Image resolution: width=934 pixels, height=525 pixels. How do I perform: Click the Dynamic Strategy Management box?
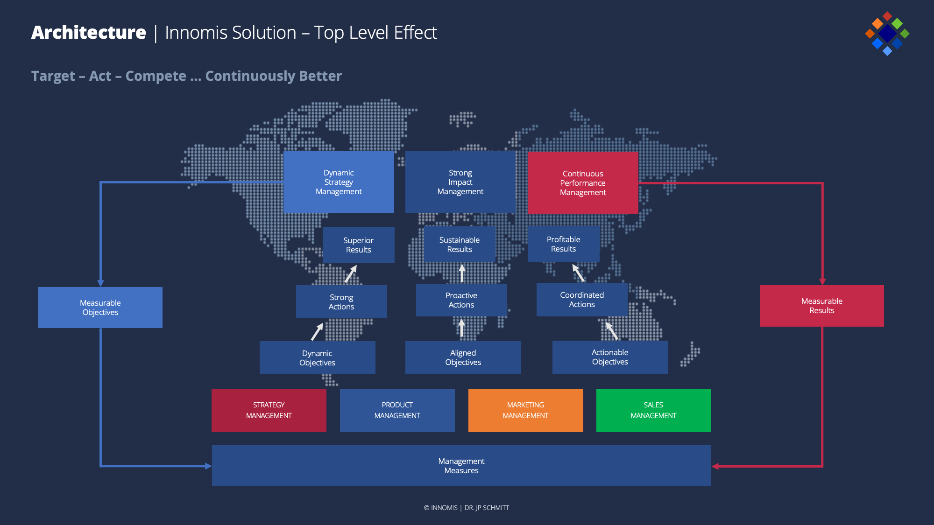pos(339,182)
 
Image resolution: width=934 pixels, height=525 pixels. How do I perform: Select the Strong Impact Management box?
pos(460,182)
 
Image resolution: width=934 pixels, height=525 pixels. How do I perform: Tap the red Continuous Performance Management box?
pos(583,183)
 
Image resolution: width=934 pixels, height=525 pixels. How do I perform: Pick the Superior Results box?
pos(359,245)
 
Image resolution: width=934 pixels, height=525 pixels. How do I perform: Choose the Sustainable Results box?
pos(460,245)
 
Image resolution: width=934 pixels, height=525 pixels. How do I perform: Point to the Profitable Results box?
pos(564,244)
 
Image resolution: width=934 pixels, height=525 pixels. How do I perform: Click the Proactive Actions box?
pos(461,300)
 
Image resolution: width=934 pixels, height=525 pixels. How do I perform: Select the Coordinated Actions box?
pos(582,300)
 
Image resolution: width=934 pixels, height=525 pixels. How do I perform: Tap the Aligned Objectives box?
pos(463,357)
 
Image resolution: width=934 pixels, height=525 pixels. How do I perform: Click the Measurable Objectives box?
pos(100,308)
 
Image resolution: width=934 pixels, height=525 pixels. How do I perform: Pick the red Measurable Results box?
pos(822,306)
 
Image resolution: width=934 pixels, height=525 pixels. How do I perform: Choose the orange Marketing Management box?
pos(526,410)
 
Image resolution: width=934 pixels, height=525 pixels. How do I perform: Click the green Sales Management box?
pos(654,410)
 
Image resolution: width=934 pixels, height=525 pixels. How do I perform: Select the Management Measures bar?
pos(461,466)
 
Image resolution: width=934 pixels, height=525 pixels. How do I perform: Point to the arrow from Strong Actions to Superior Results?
pos(351,274)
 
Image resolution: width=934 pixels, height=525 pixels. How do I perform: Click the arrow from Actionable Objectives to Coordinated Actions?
pos(612,330)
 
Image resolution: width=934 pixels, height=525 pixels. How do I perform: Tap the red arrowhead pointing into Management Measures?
pos(715,466)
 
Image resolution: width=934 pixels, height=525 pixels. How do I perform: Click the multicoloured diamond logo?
pos(887,33)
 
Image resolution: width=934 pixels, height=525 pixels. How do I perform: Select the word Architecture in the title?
pos(89,33)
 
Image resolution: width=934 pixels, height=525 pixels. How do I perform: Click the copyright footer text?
pos(467,508)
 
